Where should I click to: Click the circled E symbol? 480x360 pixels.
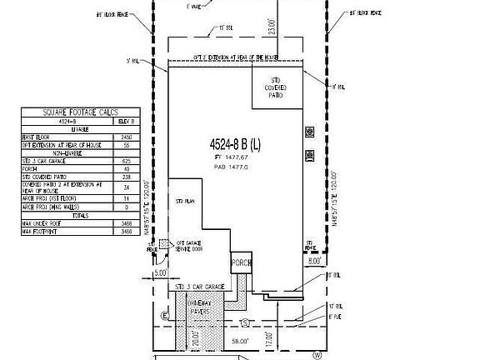pyautogui.click(x=165, y=317)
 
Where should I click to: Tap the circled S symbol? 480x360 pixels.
pyautogui.click(x=244, y=321)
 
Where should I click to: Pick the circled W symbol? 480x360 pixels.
pyautogui.click(x=317, y=354)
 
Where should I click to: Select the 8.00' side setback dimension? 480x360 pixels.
pyautogui.click(x=313, y=259)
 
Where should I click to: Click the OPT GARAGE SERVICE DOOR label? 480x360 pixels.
pyautogui.click(x=188, y=247)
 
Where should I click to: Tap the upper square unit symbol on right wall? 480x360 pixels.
pyautogui.click(x=310, y=131)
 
